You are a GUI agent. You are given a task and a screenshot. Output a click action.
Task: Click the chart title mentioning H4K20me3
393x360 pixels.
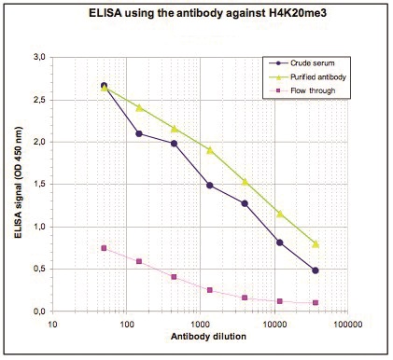click(207, 13)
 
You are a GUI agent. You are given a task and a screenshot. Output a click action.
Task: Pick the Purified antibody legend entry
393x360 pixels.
click(307, 76)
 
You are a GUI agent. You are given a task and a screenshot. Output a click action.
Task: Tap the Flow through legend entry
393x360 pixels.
click(307, 90)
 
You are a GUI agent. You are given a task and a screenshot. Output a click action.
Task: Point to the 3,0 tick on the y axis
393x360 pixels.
click(38, 57)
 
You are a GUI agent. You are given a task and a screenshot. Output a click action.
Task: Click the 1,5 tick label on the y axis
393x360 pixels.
click(38, 185)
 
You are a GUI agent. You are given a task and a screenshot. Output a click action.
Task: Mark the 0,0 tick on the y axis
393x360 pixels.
click(38, 312)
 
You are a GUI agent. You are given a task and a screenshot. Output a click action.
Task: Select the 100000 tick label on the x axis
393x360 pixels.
click(347, 325)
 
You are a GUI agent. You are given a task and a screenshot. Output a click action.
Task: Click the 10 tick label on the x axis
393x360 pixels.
click(53, 325)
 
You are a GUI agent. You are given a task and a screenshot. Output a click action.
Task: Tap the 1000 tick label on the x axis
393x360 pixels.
click(200, 325)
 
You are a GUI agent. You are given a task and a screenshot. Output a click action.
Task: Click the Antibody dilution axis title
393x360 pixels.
click(208, 337)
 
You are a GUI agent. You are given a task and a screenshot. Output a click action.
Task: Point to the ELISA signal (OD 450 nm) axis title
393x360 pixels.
click(19, 183)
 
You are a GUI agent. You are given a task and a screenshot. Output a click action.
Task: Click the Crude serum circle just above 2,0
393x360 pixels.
click(139, 133)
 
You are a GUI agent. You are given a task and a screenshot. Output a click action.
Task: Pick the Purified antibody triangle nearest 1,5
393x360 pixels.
click(245, 182)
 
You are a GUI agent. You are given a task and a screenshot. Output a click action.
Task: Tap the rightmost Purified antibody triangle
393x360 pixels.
click(316, 244)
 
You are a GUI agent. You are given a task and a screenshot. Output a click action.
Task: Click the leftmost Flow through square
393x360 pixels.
click(104, 248)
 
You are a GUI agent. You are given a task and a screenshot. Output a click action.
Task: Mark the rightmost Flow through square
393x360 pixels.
click(316, 302)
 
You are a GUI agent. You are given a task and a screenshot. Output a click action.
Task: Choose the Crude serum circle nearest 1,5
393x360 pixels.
click(210, 186)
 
